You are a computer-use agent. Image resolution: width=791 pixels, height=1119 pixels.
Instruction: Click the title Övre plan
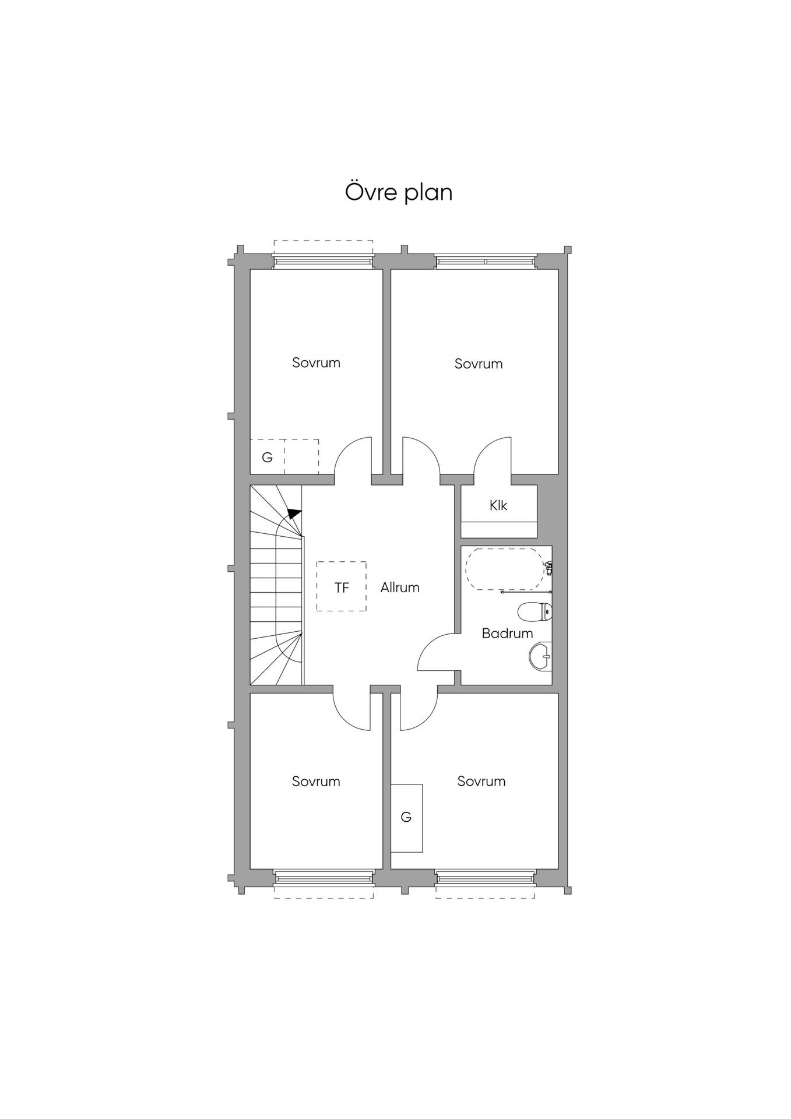399,192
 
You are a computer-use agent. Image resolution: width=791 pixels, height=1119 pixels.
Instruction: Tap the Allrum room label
400,587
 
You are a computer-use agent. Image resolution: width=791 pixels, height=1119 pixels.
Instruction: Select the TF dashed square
342,586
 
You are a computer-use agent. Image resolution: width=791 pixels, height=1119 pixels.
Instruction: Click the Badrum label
507,633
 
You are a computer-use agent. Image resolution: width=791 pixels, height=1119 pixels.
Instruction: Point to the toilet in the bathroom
535,612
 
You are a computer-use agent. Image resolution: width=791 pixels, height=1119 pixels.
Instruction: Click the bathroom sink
540,657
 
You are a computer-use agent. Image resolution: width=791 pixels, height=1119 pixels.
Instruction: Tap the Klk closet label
498,505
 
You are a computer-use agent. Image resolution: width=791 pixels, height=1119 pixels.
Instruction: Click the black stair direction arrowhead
294,513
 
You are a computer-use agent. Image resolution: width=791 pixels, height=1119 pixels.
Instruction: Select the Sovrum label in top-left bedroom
316,363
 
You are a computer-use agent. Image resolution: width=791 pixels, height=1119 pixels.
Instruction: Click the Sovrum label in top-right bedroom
479,364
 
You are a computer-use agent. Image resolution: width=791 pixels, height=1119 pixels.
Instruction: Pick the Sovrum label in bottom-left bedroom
316,781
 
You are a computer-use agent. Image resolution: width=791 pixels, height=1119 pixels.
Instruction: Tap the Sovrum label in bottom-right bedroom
481,781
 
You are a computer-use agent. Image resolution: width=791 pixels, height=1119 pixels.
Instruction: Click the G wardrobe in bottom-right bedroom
406,818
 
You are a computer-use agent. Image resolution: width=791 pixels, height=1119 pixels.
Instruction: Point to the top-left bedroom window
323,262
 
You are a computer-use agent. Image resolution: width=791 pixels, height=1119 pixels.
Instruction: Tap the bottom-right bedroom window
485,877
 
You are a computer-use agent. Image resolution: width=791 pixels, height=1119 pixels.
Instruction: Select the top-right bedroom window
485,262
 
